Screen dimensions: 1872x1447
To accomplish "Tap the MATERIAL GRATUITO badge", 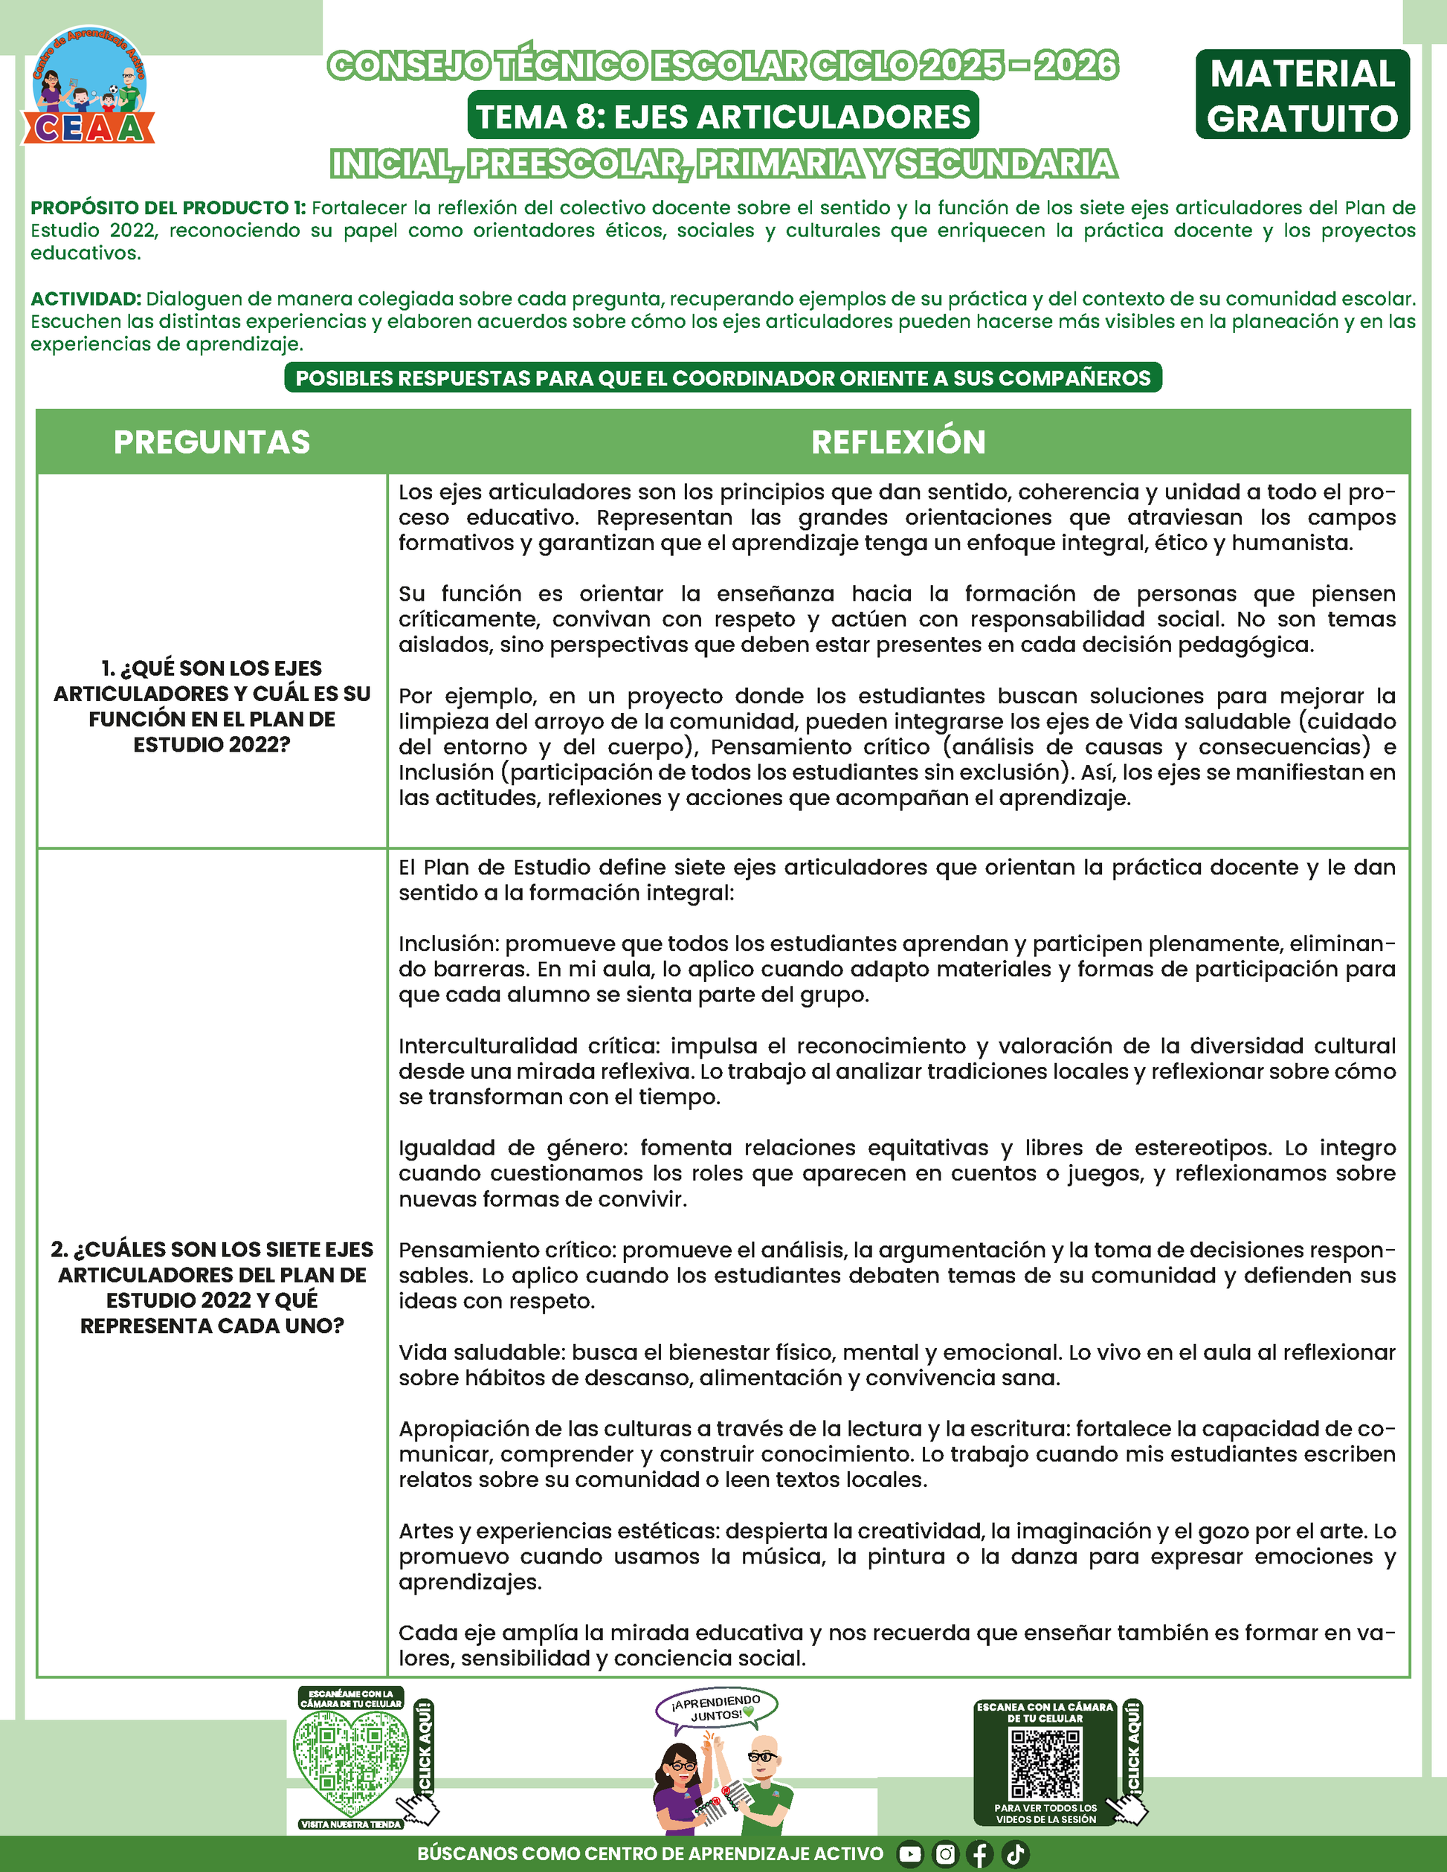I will (x=1302, y=95).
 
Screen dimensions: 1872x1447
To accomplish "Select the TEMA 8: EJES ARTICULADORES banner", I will (x=723, y=116).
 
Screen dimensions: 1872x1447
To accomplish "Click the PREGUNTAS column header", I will (x=212, y=442).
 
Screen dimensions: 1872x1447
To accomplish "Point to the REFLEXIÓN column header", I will (x=897, y=442).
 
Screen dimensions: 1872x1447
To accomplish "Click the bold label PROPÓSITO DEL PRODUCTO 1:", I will (x=168, y=208).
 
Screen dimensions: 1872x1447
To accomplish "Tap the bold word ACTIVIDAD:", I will (x=86, y=299).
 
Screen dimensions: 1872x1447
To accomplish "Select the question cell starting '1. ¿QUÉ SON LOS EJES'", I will (x=212, y=706).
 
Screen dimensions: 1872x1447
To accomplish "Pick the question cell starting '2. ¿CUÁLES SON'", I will (x=212, y=1288).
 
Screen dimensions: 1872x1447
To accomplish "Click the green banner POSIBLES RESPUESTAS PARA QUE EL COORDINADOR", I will (x=723, y=378).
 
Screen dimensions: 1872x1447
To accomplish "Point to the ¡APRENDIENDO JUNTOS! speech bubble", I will (x=717, y=1708).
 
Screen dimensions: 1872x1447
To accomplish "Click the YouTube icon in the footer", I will (x=909, y=1854).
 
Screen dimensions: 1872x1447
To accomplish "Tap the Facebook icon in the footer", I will (x=980, y=1854).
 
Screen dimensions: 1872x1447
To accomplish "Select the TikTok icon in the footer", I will (x=1015, y=1854).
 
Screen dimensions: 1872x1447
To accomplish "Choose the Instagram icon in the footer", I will (x=944, y=1854).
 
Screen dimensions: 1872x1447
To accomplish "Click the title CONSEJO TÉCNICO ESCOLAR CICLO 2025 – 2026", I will (x=723, y=66).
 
